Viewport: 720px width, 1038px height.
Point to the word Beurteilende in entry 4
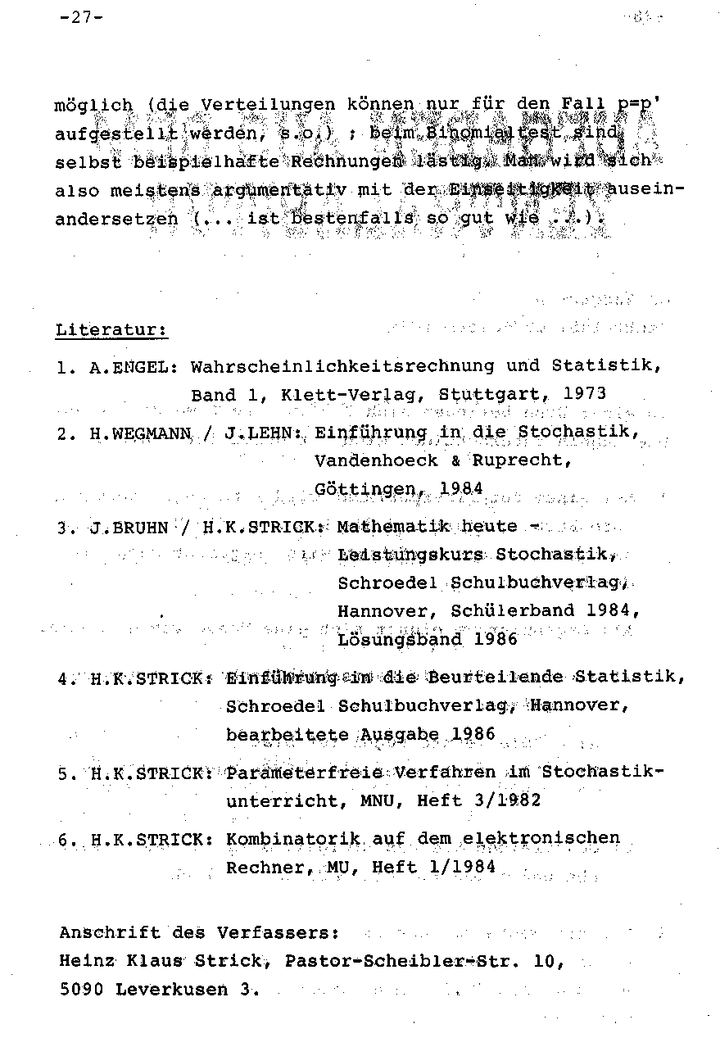pos(506,677)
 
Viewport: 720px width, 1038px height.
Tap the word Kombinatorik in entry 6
pos(293,838)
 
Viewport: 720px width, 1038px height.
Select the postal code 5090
pos(81,989)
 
